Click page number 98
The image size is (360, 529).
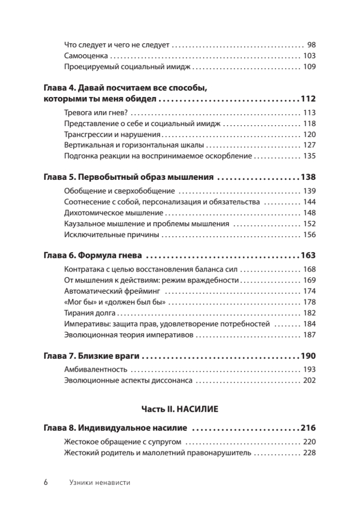(x=312, y=45)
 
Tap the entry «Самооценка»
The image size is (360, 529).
(x=86, y=56)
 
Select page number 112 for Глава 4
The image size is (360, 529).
(x=308, y=99)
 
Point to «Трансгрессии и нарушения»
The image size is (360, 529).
(x=112, y=134)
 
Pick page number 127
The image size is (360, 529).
(x=310, y=145)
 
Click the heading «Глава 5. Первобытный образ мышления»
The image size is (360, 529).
(x=129, y=178)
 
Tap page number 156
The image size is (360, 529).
(x=310, y=235)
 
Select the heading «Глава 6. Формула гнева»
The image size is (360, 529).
(x=94, y=256)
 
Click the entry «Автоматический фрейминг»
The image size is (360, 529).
(x=111, y=291)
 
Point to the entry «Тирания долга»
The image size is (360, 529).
(x=90, y=313)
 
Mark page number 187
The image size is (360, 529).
(x=310, y=335)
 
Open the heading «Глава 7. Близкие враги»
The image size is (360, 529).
(x=93, y=356)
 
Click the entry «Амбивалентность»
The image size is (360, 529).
(x=96, y=369)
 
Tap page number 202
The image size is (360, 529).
(x=310, y=380)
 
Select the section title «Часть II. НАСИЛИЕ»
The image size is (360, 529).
(x=180, y=409)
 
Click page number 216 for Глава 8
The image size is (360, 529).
(x=308, y=428)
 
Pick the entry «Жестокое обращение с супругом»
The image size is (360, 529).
(x=123, y=442)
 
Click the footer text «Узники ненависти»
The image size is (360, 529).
(x=100, y=483)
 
